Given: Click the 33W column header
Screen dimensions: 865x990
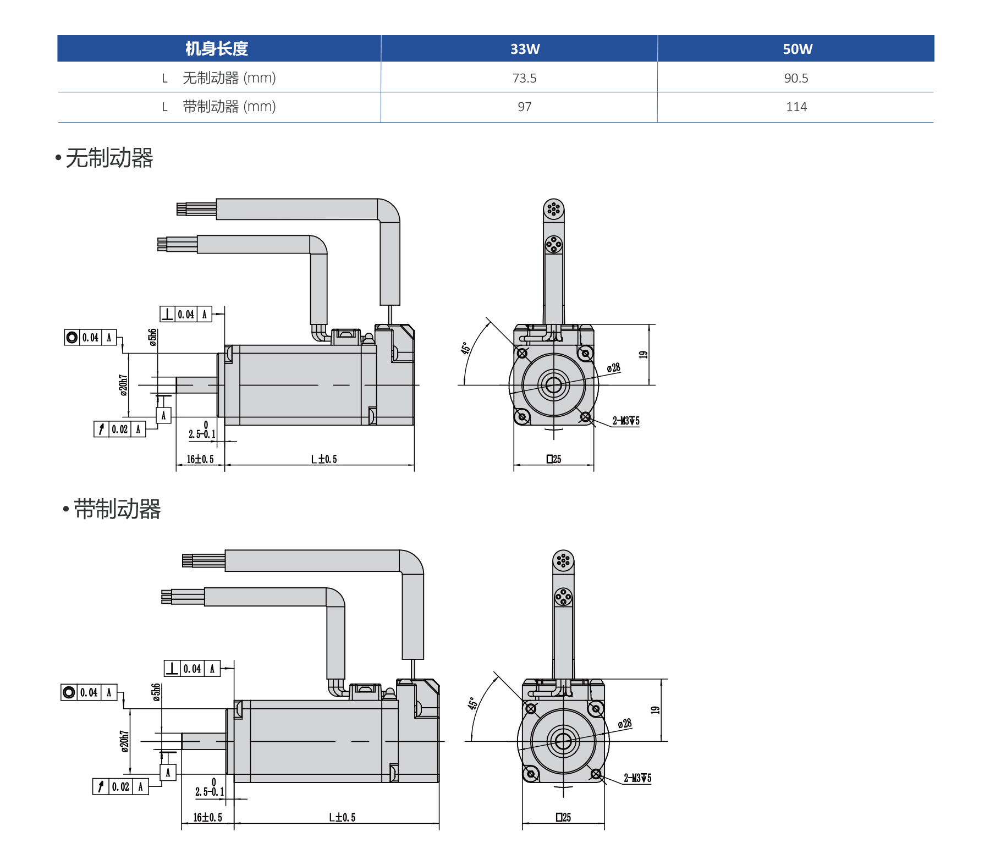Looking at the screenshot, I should point(525,49).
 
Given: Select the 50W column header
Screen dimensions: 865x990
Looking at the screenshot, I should point(797,49).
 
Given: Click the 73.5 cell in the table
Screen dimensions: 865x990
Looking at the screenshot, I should point(524,78).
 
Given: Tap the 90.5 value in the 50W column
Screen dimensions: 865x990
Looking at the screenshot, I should point(796,78).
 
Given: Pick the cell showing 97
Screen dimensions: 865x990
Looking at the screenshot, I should point(524,107).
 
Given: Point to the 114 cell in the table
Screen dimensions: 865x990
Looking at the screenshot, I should point(796,107).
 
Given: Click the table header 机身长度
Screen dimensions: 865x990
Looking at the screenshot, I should point(217,49).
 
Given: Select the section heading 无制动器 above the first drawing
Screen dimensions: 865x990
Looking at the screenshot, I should point(109,158).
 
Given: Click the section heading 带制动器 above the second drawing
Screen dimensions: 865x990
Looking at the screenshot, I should point(117,509).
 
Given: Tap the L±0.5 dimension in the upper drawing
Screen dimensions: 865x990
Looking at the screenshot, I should point(324,459).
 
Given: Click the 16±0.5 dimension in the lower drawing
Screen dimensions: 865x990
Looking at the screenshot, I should point(207,817).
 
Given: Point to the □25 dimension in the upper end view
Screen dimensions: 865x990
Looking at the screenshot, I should point(554,459).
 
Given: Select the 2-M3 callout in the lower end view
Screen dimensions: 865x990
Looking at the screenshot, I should point(637,778).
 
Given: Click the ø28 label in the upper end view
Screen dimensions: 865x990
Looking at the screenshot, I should point(613,368).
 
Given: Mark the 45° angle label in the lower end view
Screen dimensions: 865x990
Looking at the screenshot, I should point(472,703).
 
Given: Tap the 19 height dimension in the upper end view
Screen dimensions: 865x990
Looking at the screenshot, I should point(643,355).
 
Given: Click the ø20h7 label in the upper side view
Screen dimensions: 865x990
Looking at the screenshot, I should point(123,385).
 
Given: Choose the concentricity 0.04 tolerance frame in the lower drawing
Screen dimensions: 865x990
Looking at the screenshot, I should point(89,692).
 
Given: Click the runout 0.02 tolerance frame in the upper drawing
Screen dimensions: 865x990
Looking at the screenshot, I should point(120,429).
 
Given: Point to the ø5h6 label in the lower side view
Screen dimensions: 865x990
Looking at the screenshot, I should point(157,692).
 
